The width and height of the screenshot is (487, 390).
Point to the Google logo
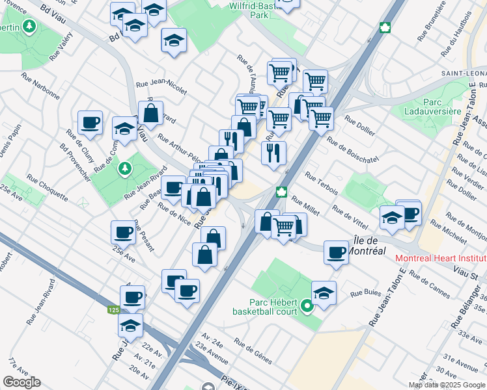coord(21,382)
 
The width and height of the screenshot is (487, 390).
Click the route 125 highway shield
coord(113,310)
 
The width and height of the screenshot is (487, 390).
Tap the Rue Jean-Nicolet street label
coord(161,83)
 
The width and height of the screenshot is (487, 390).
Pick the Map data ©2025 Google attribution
coord(447,385)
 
